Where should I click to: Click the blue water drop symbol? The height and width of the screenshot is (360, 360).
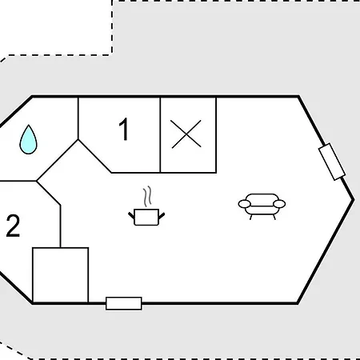28,140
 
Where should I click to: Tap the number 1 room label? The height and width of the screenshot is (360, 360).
124,129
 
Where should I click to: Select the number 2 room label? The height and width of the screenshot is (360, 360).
13,226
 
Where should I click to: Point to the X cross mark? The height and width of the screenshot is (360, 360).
186,134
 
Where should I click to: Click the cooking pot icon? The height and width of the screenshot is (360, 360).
146,217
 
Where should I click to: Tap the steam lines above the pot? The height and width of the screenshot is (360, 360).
147,197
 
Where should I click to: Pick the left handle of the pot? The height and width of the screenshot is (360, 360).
131,215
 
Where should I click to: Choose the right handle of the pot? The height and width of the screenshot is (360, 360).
162,215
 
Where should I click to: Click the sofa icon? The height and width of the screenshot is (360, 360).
262,206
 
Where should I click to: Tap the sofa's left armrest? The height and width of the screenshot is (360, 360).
244,204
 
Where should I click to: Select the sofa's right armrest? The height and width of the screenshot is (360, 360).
279,204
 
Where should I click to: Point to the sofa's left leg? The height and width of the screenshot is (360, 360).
250,217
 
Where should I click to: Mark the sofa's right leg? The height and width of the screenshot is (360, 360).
274,217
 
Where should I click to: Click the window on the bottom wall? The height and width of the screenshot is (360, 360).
124,303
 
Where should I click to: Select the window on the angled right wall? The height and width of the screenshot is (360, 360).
332,162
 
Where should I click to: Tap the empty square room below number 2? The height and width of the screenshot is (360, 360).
61,275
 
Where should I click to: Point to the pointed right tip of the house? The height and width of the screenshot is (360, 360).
354,199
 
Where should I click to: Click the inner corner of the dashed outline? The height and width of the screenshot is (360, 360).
112,55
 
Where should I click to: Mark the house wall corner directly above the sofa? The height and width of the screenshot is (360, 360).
298,96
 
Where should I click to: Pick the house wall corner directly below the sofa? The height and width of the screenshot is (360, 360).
298,303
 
